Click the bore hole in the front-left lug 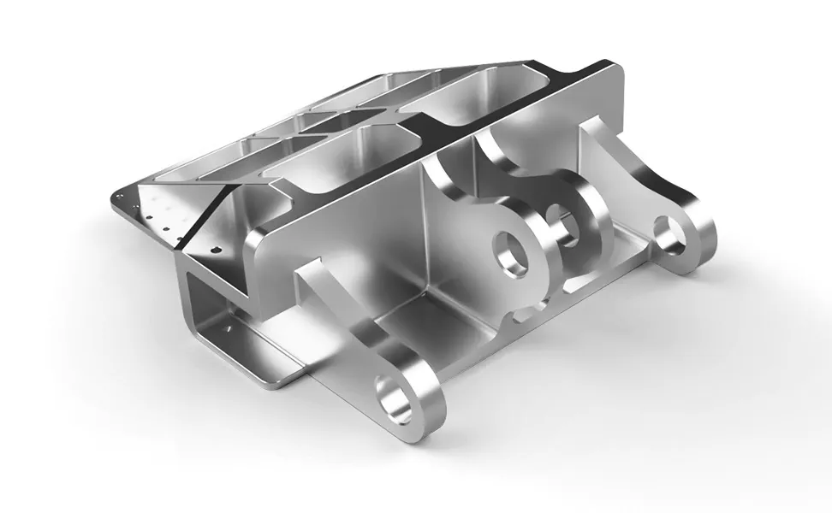[x=400, y=397]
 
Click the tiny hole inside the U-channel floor [x=229, y=326]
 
